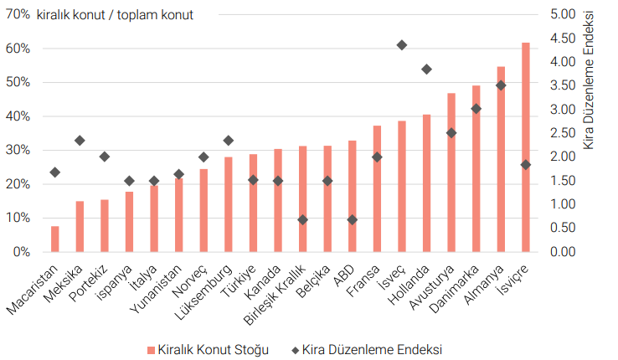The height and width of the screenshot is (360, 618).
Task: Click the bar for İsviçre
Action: (x=526, y=147)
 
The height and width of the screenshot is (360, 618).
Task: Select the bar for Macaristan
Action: (x=55, y=239)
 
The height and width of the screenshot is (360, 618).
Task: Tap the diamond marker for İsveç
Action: (x=402, y=45)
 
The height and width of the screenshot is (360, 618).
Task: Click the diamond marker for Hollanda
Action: (x=426, y=69)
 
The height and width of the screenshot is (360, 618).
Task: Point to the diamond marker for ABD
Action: (x=353, y=219)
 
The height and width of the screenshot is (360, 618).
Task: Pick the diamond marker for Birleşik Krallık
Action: (x=303, y=219)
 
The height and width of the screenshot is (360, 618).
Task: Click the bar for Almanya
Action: (x=501, y=159)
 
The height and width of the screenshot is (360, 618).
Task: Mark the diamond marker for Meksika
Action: (x=80, y=141)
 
